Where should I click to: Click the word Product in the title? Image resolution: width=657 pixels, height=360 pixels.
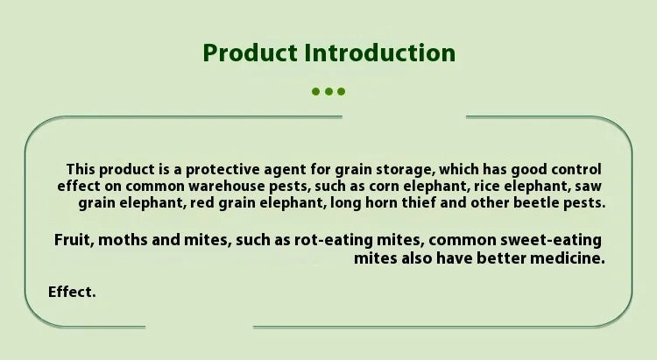click(251, 53)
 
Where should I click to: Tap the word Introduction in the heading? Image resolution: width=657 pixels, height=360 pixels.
click(379, 53)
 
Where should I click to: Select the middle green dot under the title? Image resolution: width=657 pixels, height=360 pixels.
click(328, 91)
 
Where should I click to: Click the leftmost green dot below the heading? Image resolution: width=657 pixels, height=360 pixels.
click(316, 91)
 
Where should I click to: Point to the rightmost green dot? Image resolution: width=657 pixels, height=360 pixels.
click(341, 91)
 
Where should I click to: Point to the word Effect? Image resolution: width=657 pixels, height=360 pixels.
click(72, 292)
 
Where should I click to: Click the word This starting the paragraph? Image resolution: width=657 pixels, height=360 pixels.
click(81, 170)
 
